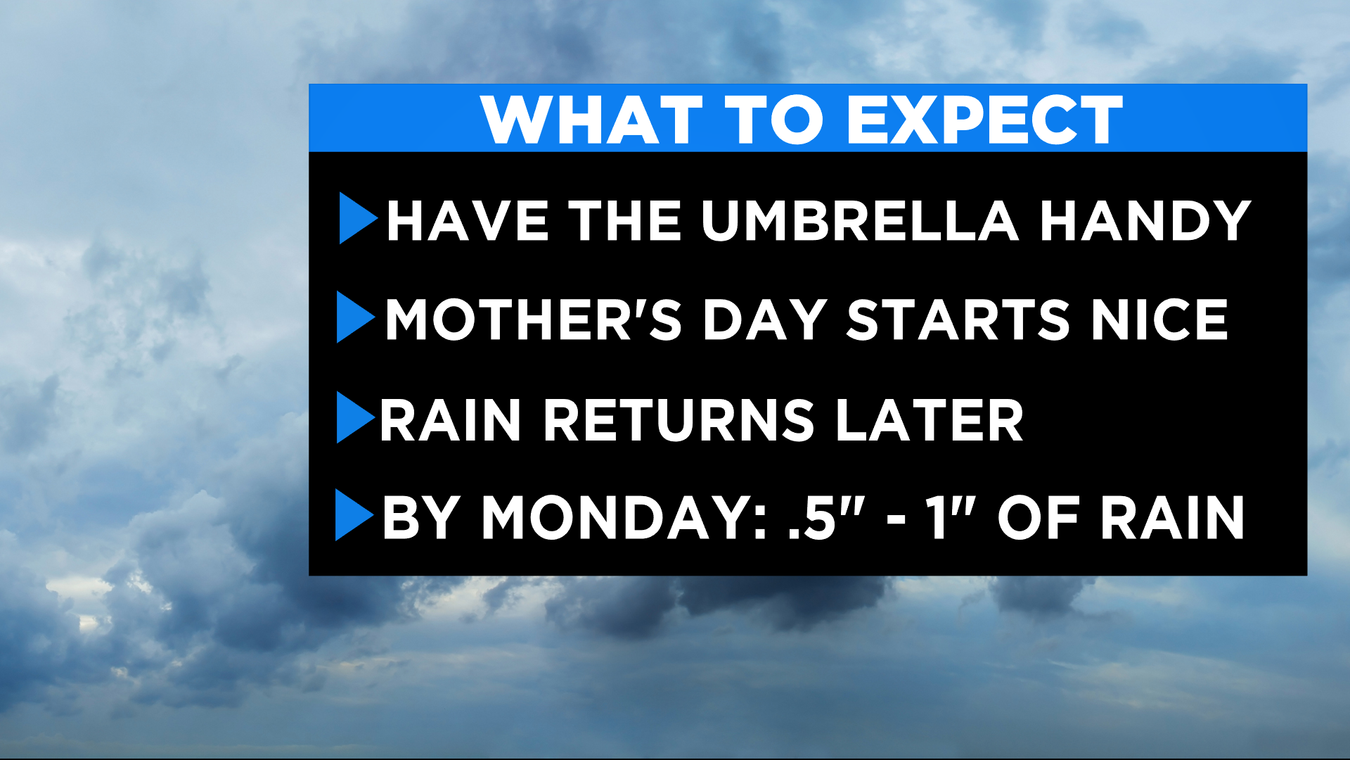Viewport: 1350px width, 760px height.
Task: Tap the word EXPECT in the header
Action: pyautogui.click(x=984, y=120)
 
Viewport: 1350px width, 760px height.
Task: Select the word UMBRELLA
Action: pyautogui.click(x=859, y=221)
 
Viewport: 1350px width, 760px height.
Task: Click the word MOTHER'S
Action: pyautogui.click(x=534, y=320)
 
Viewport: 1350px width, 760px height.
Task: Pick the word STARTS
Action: pyautogui.click(x=958, y=320)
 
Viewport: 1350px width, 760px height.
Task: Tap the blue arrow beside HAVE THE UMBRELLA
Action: pyautogui.click(x=357, y=218)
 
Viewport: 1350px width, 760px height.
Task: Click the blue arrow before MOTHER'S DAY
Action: pyautogui.click(x=355, y=317)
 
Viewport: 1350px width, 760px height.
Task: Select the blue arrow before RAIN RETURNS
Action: pyautogui.click(x=355, y=417)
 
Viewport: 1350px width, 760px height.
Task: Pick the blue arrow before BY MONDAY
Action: pyautogui.click(x=354, y=515)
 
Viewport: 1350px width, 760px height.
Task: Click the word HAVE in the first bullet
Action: pyautogui.click(x=468, y=221)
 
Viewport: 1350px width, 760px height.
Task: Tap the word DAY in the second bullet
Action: pyautogui.click(x=765, y=320)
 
